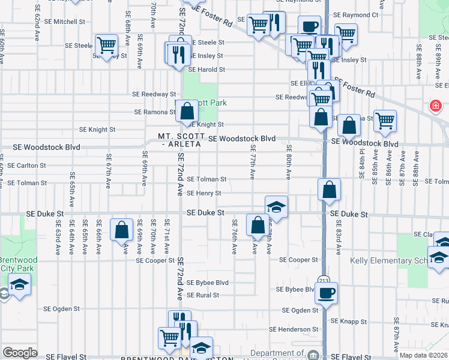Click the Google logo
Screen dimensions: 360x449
(20, 353)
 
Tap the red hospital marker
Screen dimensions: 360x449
(435, 107)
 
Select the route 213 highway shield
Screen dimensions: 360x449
(324, 280)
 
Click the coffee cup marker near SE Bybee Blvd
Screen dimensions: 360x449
(326, 293)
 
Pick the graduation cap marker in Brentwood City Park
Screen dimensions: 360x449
(19, 284)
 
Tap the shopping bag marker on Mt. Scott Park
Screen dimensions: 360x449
(188, 111)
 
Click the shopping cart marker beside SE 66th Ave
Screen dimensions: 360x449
(106, 45)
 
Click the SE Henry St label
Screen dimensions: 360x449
(204, 193)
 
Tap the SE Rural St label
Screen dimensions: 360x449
(203, 295)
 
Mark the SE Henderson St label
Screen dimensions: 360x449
(294, 329)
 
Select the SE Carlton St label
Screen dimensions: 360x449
(23, 166)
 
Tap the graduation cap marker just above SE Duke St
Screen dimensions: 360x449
(276, 207)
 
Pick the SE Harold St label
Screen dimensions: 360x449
(206, 70)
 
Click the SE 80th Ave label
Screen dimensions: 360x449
(289, 162)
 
